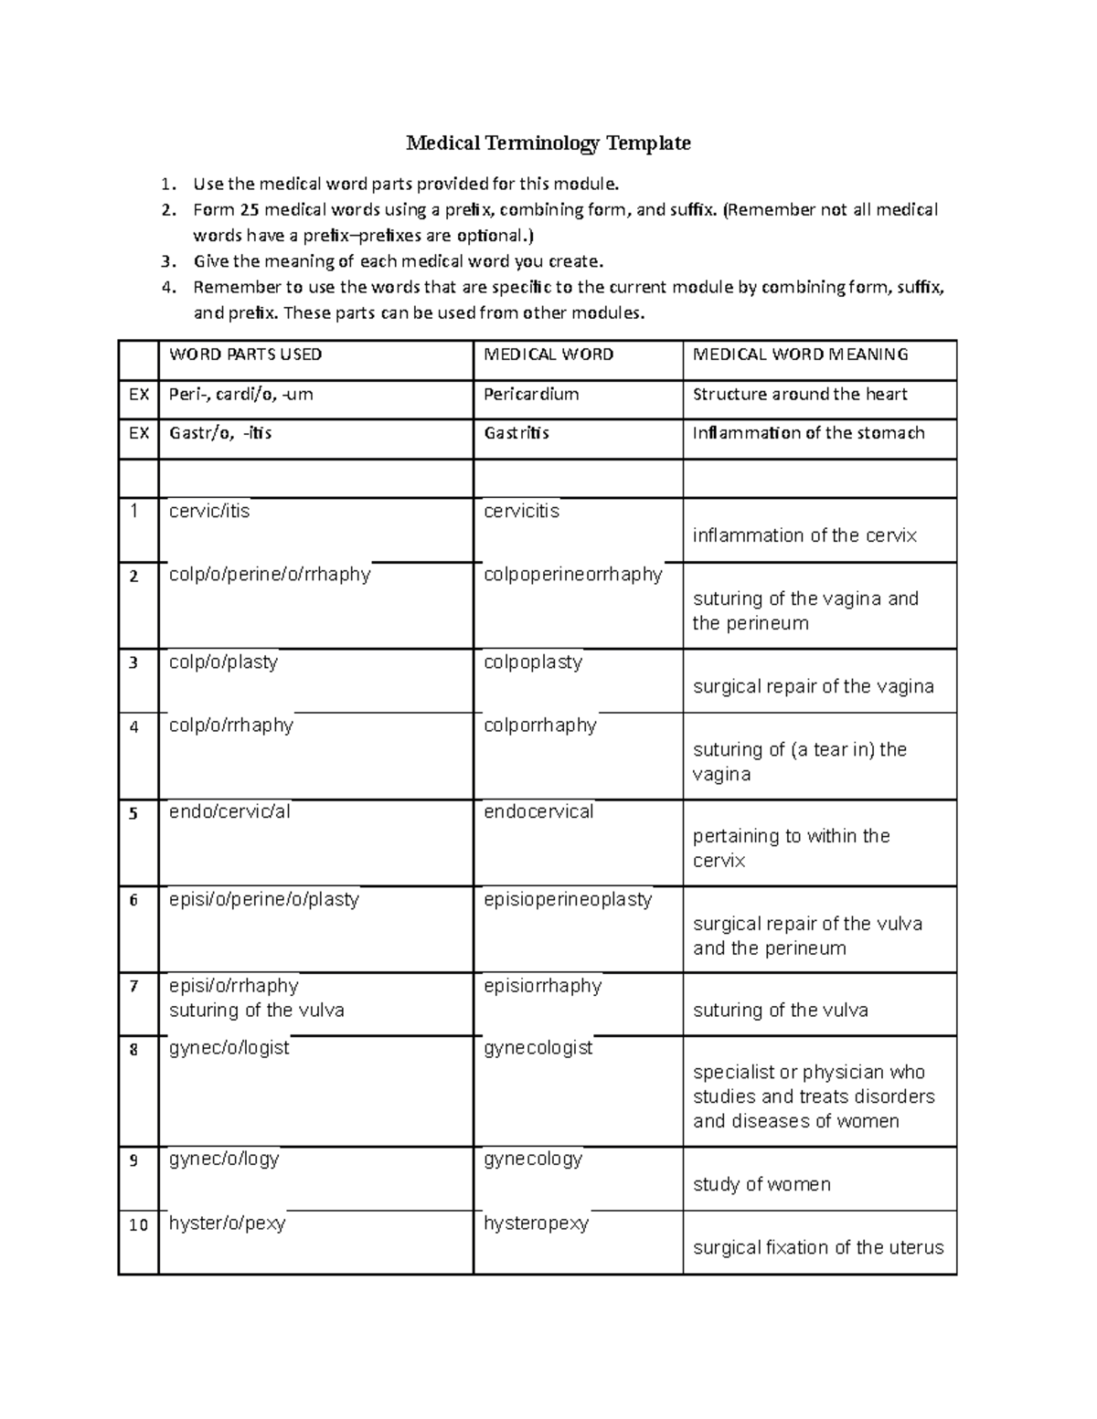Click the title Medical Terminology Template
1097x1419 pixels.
[548, 143]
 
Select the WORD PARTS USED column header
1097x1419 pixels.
[245, 355]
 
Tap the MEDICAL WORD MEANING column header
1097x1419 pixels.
[800, 355]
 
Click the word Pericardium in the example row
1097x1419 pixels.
[531, 395]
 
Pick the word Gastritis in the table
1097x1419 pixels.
[516, 433]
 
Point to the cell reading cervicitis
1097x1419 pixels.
[521, 511]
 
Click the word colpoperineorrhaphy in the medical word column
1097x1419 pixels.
[572, 575]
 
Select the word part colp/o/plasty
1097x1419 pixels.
[223, 662]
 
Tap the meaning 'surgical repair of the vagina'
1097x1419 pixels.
[813, 686]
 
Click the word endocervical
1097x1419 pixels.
[538, 811]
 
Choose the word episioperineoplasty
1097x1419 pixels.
[568, 899]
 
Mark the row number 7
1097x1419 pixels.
[133, 987]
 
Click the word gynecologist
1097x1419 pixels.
[538, 1048]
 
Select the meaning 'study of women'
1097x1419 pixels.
[762, 1184]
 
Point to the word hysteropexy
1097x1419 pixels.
[536, 1223]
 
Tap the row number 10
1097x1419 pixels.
[138, 1225]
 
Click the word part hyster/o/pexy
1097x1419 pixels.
[227, 1223]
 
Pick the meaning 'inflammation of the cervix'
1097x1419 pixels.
[804, 535]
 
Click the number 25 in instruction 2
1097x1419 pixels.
[250, 210]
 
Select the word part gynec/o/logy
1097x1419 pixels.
[224, 1159]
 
